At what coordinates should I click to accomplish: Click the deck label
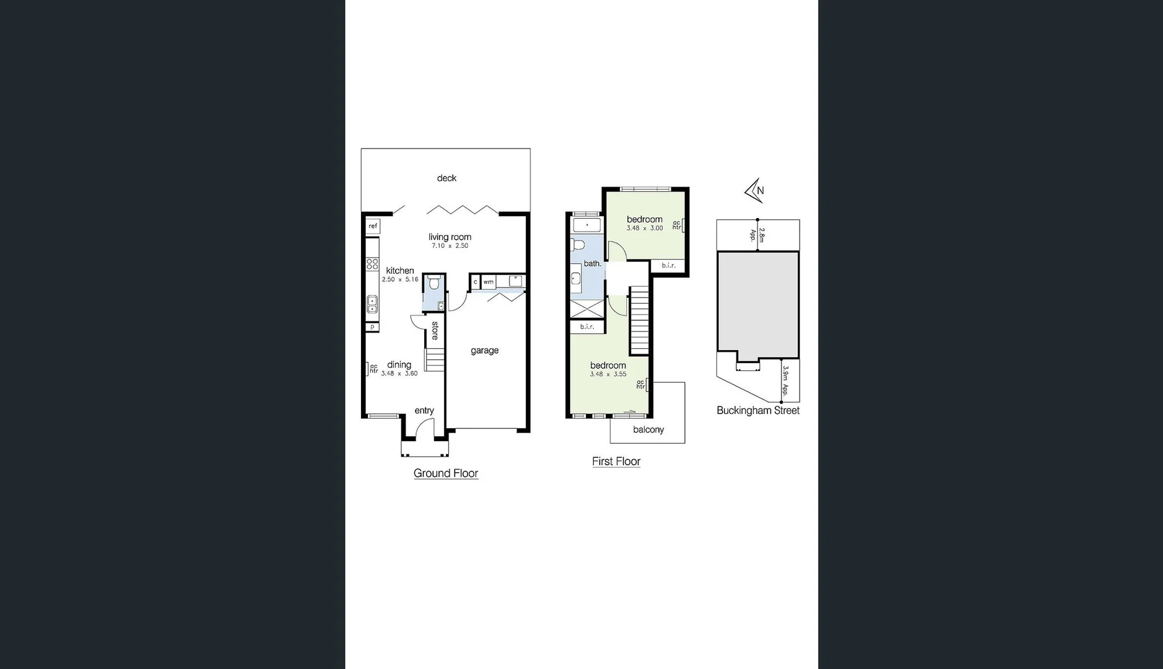coord(446,178)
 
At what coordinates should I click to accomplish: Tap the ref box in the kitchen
coord(373,226)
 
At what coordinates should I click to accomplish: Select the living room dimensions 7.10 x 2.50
coord(450,246)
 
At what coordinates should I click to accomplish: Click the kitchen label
coord(400,271)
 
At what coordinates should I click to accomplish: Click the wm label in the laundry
coord(489,282)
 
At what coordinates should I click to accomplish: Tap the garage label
coord(484,351)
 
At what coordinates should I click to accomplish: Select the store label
coord(435,330)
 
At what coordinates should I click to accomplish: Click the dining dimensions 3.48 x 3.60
coord(399,374)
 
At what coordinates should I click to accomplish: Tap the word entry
coord(424,411)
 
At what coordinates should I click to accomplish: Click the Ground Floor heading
coord(446,473)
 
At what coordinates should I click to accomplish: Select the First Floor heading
coord(616,461)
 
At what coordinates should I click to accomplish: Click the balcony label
coord(648,430)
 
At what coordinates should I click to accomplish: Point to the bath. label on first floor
coord(593,264)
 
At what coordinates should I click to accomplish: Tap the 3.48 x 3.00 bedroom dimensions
coord(645,229)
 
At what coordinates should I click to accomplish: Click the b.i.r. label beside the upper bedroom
coord(668,266)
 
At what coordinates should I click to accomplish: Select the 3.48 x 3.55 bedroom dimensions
coord(608,374)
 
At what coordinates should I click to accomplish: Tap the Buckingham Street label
coord(758,411)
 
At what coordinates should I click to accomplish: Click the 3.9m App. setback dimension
coord(785,380)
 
